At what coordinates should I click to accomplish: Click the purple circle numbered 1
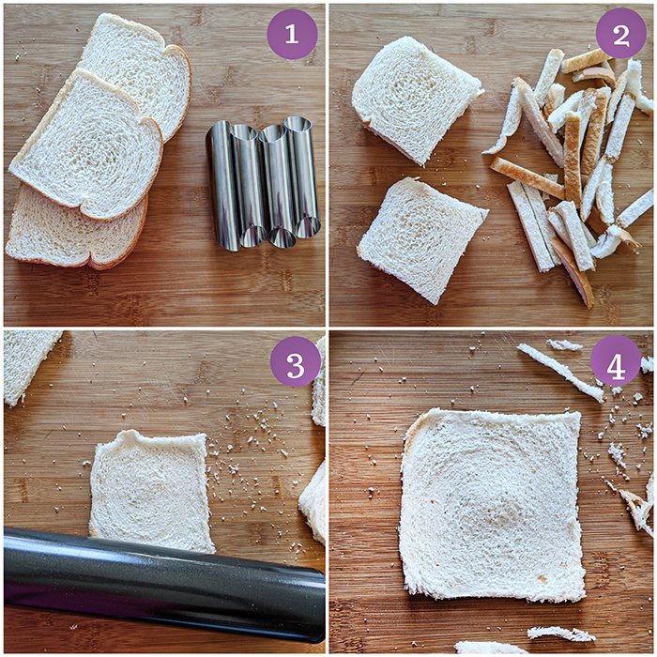[x=292, y=35]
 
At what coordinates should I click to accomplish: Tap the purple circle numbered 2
[x=621, y=33]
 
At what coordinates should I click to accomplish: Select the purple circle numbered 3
[x=296, y=361]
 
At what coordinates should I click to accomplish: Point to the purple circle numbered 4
[x=616, y=360]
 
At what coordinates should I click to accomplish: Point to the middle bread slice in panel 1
[x=86, y=145]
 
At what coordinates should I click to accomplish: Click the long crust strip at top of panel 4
[x=560, y=372]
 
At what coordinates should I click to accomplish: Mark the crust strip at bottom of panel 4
[x=560, y=634]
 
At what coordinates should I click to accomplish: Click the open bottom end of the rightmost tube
[x=308, y=228]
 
